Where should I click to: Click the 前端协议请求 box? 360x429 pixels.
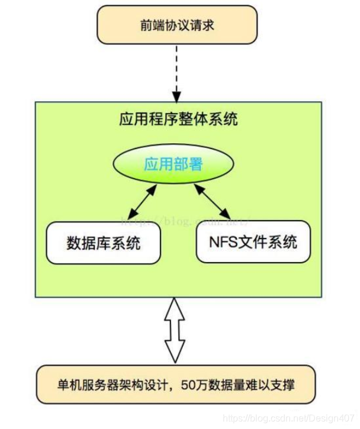coord(177,25)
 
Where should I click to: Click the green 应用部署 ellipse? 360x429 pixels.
coord(173,163)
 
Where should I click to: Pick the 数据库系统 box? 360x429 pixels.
coord(103,242)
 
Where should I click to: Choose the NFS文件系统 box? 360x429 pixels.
coord(253,241)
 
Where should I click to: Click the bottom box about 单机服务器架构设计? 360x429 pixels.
coord(175,385)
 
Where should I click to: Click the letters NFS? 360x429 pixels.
coord(222,241)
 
